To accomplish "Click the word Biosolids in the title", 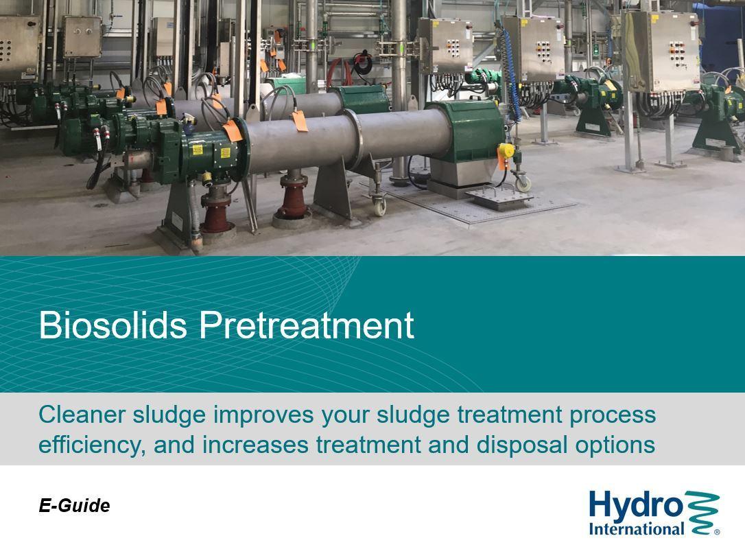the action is pyautogui.click(x=113, y=325).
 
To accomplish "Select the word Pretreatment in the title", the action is pyautogui.click(x=307, y=325).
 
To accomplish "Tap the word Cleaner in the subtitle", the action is pyautogui.click(x=82, y=415).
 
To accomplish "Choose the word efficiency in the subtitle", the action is pyautogui.click(x=92, y=445).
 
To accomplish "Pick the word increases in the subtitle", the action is pyautogui.click(x=256, y=445).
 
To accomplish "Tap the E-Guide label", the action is pyautogui.click(x=74, y=506).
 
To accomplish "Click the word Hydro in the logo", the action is pyautogui.click(x=635, y=507).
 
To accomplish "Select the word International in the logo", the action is pyautogui.click(x=636, y=528).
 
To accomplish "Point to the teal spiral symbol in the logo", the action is pyautogui.click(x=702, y=513).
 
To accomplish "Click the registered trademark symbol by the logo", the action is pyautogui.click(x=717, y=532).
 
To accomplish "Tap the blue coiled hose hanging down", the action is pyautogui.click(x=509, y=71).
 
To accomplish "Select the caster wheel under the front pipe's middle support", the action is pyautogui.click(x=379, y=206).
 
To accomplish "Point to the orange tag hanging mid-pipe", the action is pyautogui.click(x=300, y=121).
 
